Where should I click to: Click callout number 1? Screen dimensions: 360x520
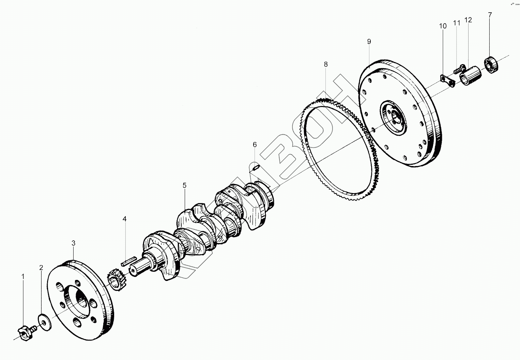pos(23,277)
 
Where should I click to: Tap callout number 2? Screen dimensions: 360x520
pos(41,268)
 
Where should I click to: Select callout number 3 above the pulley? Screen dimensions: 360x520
pos(73,243)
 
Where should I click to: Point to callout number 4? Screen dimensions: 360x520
pos(125,219)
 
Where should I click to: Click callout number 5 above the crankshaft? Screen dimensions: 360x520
pos(184,185)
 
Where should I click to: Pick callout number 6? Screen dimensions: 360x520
pos(255,145)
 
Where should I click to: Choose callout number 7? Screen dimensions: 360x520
pos(490,15)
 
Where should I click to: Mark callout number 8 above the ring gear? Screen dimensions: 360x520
pos(326,64)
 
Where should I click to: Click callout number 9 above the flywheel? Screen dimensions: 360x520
pos(369,42)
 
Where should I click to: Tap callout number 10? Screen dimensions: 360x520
pos(443,26)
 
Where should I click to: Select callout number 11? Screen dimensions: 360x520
pos(457,23)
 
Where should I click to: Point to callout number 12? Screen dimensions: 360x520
pos(468,20)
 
